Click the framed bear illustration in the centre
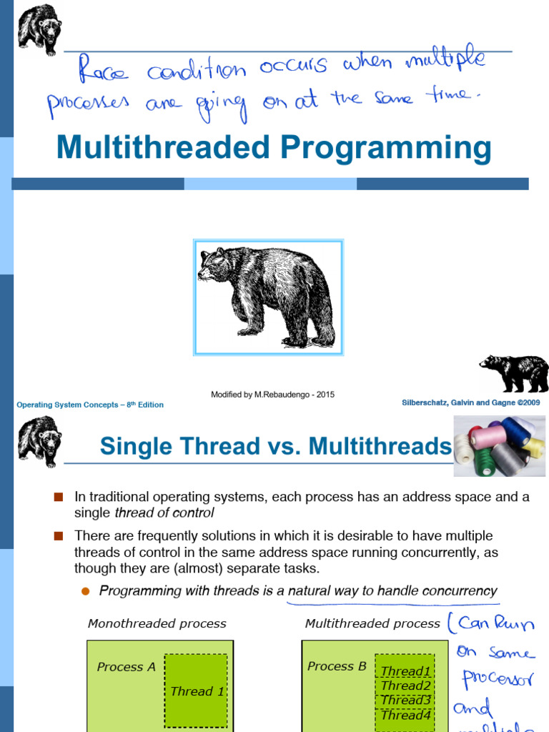coord(268,297)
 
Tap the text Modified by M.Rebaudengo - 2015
coord(272,395)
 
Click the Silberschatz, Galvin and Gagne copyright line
coord(470,402)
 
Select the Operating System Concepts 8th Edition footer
coord(90,405)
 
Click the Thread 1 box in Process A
coord(197,691)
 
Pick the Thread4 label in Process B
coord(405,715)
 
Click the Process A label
coord(126,667)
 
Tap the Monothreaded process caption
coord(157,623)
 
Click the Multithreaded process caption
coord(372,623)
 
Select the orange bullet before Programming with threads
coord(85,591)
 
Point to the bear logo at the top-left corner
coord(39,29)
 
